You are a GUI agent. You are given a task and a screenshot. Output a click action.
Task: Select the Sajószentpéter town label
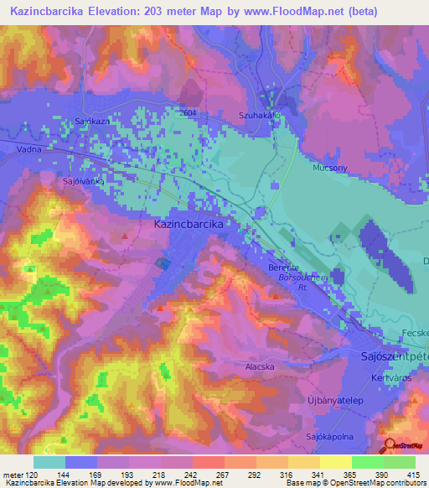pos(390,358)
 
